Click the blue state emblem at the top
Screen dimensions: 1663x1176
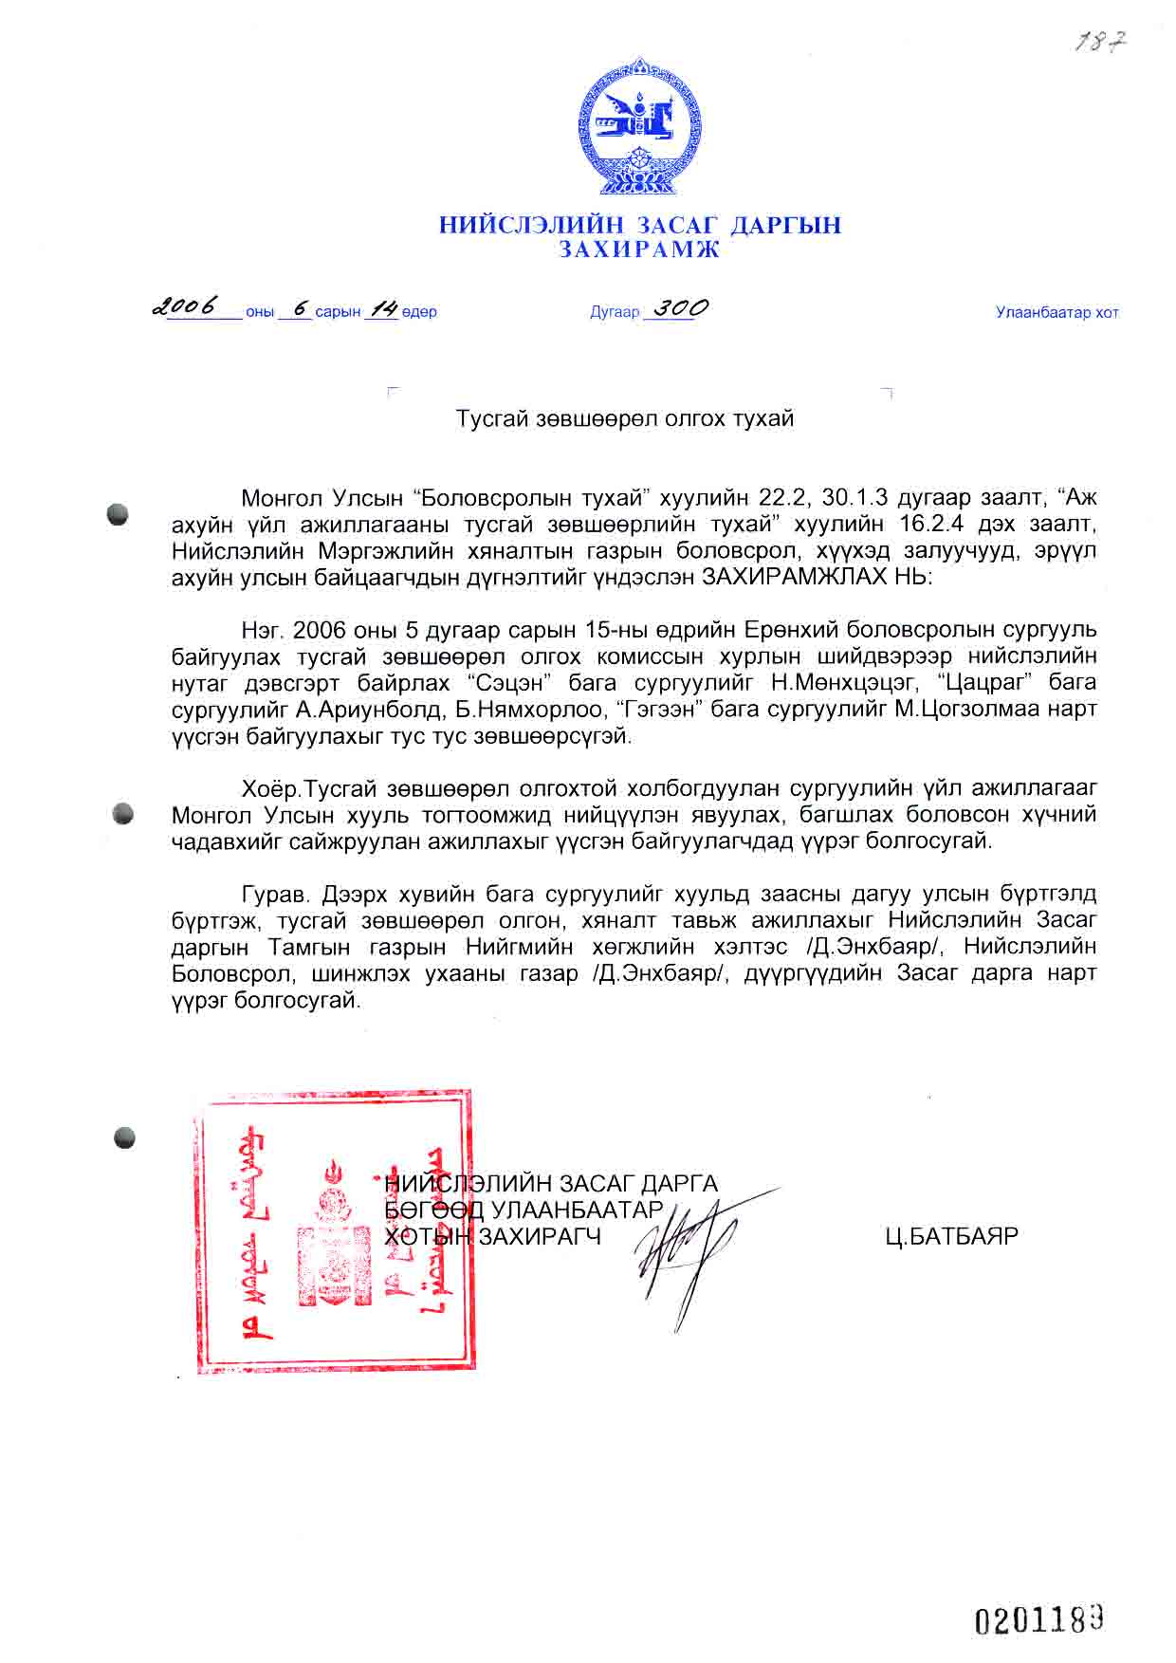tap(640, 127)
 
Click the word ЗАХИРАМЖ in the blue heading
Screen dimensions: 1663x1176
tap(638, 249)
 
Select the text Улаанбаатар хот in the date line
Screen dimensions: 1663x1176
tap(1057, 312)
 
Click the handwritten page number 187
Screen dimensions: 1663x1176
tap(1099, 41)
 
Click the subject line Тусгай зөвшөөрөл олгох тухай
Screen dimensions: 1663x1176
tap(625, 418)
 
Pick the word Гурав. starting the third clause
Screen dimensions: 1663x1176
tap(276, 894)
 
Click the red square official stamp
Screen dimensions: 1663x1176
tap(334, 1231)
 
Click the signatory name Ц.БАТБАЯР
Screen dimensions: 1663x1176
tap(951, 1236)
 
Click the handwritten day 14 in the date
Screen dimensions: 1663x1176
tap(381, 308)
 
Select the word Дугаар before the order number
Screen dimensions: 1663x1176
tap(615, 312)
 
